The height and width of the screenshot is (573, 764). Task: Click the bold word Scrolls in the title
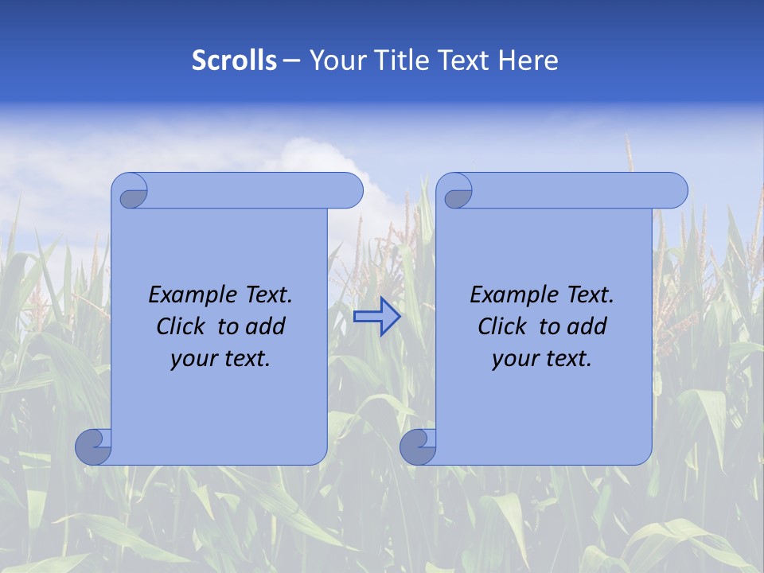234,60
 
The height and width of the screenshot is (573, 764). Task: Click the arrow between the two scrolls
377,317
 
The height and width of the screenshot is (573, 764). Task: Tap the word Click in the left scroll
181,327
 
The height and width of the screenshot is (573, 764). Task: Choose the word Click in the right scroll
502,327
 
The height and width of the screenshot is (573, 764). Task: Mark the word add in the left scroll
267,327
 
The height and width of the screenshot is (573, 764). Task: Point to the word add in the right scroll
588,327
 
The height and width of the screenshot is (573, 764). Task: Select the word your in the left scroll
193,359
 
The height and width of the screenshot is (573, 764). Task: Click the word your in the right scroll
515,359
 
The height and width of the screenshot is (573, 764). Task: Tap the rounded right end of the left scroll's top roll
350,191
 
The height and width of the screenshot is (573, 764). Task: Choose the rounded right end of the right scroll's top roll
675,191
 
